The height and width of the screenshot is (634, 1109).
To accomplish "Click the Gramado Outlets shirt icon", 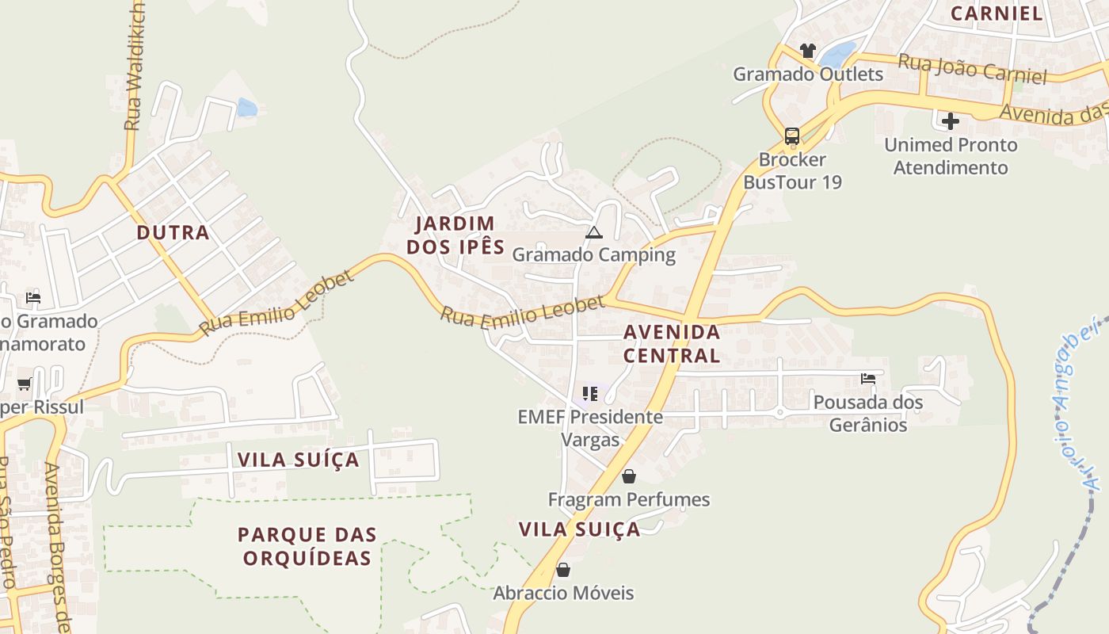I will click(807, 51).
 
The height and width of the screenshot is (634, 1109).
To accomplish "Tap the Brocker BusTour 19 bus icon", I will click(791, 136).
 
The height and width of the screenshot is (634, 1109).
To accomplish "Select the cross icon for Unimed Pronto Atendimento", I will click(951, 121).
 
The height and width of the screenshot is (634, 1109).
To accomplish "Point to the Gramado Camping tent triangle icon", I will click(593, 232).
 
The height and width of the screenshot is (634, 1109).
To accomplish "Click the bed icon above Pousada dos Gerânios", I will click(868, 379).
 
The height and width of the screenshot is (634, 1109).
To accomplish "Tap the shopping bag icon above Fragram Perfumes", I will click(628, 476).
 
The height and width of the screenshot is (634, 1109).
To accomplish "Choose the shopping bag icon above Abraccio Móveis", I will click(563, 570).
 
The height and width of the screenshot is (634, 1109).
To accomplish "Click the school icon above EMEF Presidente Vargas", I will click(589, 393).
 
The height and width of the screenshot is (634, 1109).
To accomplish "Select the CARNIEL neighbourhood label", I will click(997, 13).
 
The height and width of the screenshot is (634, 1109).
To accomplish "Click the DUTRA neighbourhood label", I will click(173, 233).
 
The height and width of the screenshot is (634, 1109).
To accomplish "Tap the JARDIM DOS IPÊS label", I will click(455, 235).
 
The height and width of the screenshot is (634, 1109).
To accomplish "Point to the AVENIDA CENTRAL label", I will click(672, 343).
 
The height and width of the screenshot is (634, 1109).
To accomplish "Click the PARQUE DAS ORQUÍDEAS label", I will click(307, 546).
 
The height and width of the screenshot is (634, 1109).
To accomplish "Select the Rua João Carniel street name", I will click(972, 68).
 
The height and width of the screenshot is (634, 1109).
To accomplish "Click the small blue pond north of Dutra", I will click(247, 108).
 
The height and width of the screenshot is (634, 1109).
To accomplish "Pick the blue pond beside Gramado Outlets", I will click(837, 55).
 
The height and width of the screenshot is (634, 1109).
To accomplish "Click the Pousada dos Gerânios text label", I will click(868, 414).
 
